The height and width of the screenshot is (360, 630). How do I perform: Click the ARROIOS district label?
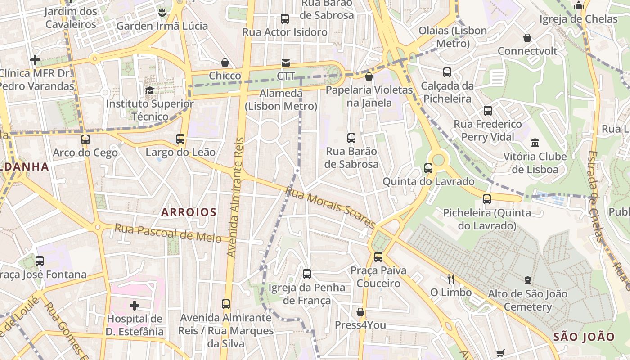[x=189, y=212]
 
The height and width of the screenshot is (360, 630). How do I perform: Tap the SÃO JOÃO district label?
[x=584, y=337]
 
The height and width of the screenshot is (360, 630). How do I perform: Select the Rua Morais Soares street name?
[x=330, y=208]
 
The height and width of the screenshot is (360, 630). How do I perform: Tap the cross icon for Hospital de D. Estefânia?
[x=134, y=306]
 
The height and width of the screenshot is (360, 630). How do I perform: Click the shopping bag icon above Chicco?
[x=225, y=63]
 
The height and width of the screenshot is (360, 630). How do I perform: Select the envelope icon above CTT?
[x=286, y=63]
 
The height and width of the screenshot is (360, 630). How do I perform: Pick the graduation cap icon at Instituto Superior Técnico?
[x=149, y=90]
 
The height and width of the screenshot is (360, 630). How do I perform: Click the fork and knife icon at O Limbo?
[x=451, y=279]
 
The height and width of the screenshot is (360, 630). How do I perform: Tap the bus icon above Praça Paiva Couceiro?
[x=378, y=257]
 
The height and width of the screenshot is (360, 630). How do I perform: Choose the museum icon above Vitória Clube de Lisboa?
[x=535, y=143]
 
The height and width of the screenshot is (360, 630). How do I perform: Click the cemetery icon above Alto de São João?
[x=527, y=280]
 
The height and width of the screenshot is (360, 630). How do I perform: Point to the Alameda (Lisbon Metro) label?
[x=281, y=100]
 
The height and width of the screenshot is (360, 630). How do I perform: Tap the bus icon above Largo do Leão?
[x=180, y=139]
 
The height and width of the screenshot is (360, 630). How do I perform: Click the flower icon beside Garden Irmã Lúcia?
[x=162, y=13]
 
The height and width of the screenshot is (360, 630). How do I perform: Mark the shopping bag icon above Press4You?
[x=360, y=312]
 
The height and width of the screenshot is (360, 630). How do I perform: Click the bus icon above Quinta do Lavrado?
[x=428, y=168]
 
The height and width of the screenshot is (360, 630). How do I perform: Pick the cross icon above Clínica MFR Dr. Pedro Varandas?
[x=35, y=60]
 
